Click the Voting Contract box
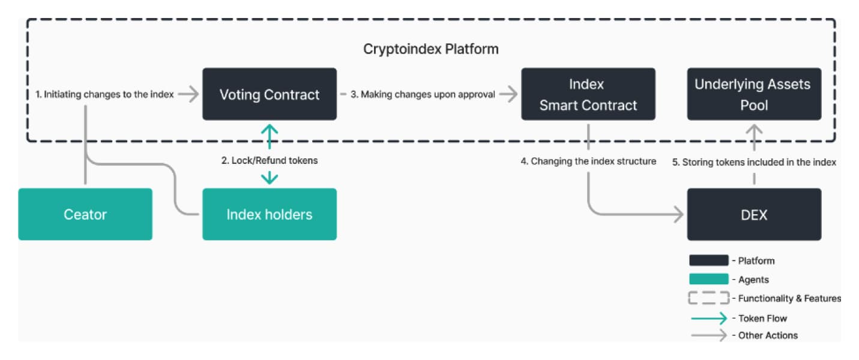pos(270,94)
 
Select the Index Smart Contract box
pos(588,94)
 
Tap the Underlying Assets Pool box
pos(754,94)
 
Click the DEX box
pos(754,214)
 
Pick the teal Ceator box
pos(85,214)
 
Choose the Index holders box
pos(270,214)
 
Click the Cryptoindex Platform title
pos(430,49)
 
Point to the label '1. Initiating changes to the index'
pos(104,94)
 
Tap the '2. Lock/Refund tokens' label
pos(270,160)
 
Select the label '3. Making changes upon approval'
pos(423,94)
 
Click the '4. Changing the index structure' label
pos(588,161)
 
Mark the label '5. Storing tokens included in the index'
pos(754,162)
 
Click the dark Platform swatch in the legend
pos(709,260)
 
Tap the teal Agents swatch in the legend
pos(709,279)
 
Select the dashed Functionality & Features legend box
pos(709,298)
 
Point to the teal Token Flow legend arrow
pos(709,318)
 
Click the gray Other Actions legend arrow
pos(709,335)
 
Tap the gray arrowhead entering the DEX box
pos(678,214)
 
